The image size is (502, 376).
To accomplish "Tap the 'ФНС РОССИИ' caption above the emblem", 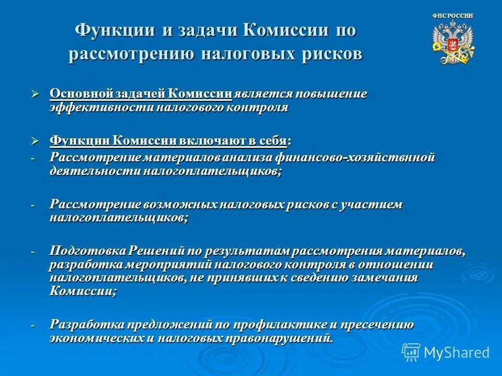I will point(453,16).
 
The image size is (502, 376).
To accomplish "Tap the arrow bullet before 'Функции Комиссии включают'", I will point(36,140).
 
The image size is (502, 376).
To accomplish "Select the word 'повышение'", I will point(332,94).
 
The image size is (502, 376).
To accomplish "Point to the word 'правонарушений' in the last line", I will point(284,338).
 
